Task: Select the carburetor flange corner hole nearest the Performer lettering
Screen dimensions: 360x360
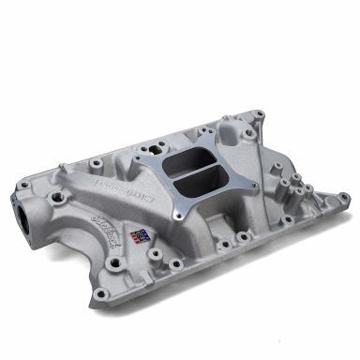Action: click(142, 167)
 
